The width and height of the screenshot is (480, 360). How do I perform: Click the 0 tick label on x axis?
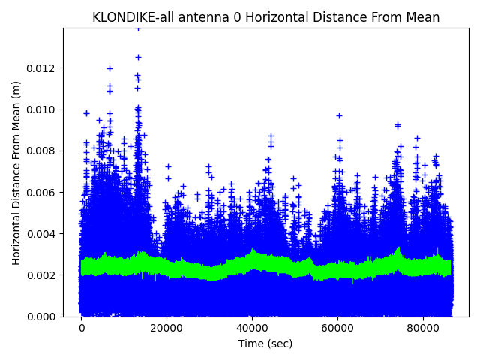click(x=82, y=328)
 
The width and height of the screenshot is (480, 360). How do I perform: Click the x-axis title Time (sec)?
click(x=265, y=343)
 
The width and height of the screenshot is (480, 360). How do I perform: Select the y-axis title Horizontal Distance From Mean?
click(x=16, y=172)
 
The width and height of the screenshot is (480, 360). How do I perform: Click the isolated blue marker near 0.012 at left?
click(x=109, y=68)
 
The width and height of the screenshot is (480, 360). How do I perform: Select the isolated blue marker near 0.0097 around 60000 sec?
click(x=339, y=115)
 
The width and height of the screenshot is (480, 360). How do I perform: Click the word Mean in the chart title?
click(x=423, y=17)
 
